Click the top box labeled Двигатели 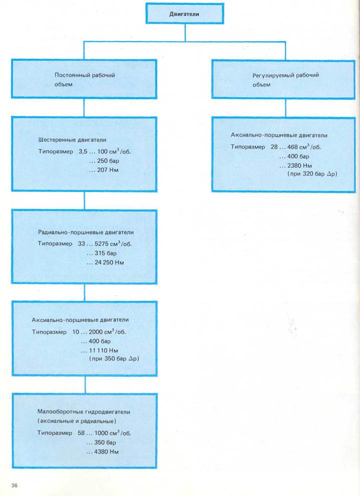pyautogui.click(x=185, y=14)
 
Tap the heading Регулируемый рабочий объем pyautogui.click(x=285, y=79)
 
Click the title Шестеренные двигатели pyautogui.click(x=72, y=140)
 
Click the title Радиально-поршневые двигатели pyautogui.click(x=86, y=232)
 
